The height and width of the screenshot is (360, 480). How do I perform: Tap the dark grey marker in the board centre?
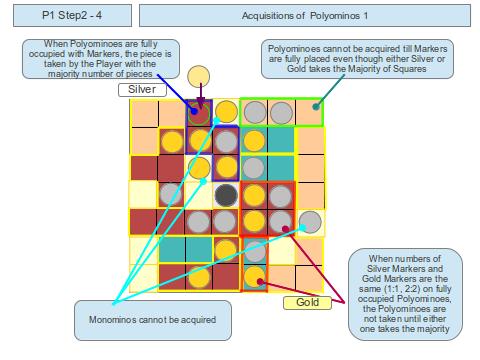(227, 193)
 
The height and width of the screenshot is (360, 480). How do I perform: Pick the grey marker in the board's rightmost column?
(310, 221)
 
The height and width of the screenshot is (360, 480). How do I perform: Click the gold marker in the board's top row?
(227, 112)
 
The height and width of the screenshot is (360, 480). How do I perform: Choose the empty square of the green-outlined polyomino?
(310, 112)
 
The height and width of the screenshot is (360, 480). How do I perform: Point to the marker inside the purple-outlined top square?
(199, 112)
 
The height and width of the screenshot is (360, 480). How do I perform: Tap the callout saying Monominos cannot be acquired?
(147, 320)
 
